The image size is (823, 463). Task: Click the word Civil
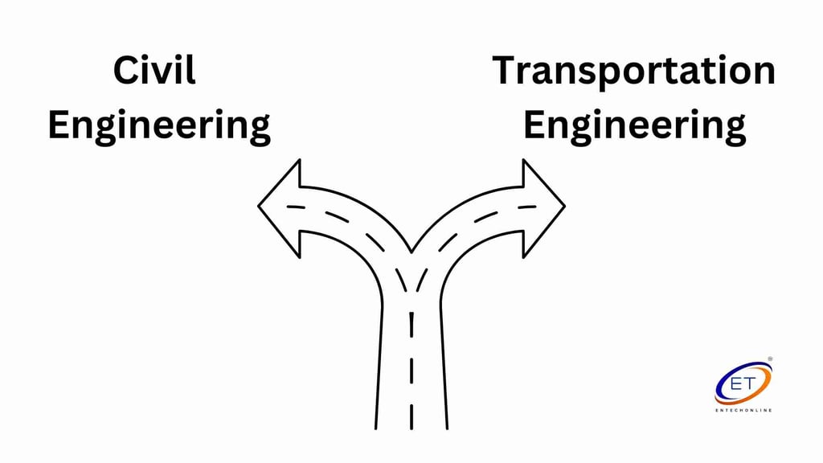(x=154, y=71)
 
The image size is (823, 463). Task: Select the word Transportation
(x=634, y=71)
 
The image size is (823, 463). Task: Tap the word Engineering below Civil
(x=159, y=126)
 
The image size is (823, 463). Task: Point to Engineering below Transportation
(x=635, y=126)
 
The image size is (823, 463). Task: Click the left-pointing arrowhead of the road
(x=280, y=207)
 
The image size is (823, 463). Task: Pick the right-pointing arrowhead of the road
(x=543, y=207)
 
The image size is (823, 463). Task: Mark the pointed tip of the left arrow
(x=258, y=207)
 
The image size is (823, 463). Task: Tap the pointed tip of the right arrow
(x=565, y=207)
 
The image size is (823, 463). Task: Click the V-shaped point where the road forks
(x=411, y=252)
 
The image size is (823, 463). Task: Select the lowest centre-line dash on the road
(x=411, y=416)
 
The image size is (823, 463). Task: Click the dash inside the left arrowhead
(x=296, y=207)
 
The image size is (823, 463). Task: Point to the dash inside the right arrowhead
(x=527, y=207)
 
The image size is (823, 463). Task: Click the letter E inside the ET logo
(x=736, y=383)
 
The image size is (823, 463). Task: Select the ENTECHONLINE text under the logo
(x=743, y=411)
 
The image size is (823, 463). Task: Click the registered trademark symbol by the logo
(x=770, y=359)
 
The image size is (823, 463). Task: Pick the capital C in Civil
(x=125, y=71)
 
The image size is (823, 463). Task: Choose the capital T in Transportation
(x=505, y=71)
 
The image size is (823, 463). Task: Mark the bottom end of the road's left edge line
(x=376, y=429)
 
